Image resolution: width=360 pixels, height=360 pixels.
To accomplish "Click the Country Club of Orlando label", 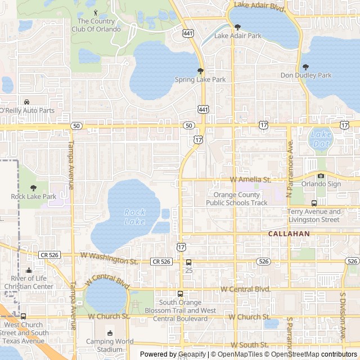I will (99, 25).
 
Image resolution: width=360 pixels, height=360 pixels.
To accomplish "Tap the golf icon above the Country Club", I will (95, 12).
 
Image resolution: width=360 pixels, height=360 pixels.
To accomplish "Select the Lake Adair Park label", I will (238, 36).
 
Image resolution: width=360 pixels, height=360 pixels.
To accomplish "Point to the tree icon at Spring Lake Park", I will (200, 71).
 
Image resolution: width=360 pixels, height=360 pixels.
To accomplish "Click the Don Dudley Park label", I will (306, 75).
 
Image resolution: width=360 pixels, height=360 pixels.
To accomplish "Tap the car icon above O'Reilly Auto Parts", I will (26, 102).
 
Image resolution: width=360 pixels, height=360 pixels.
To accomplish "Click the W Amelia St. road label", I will (251, 179).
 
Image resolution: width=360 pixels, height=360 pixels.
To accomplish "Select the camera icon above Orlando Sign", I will (321, 175).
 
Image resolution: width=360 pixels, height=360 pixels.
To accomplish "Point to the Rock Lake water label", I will (134, 217).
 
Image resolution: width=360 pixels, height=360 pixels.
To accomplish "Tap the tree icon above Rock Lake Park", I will (33, 188).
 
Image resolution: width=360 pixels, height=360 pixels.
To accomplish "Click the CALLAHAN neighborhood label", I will (289, 233).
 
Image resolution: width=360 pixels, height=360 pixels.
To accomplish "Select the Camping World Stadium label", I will (109, 345).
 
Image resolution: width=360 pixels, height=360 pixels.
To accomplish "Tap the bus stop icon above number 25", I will (188, 262).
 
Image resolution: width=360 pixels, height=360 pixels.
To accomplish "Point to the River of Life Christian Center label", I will (29, 282).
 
